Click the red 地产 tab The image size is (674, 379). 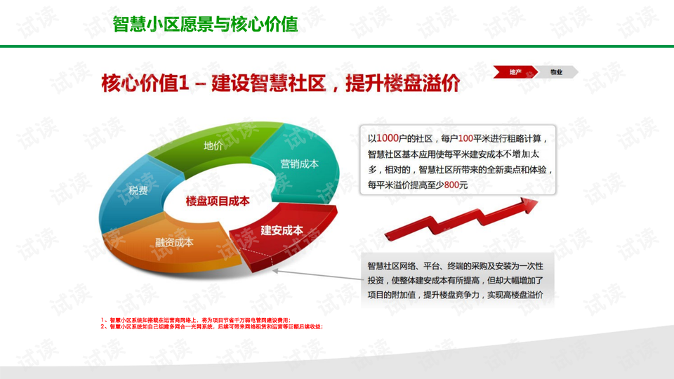coord(515,72)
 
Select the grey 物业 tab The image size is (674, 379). coord(556,72)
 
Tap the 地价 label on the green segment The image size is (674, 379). coord(213,146)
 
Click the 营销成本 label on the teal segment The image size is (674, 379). coord(299,164)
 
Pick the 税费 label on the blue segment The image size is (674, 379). coord(138,190)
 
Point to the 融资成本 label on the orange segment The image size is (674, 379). coord(174,242)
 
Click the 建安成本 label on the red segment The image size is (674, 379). coord(282,230)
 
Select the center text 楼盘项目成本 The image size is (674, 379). coord(218,201)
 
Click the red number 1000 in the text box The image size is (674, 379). coord(388,137)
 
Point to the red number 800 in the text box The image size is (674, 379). coord(456,185)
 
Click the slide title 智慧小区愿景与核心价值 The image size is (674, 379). coord(205,25)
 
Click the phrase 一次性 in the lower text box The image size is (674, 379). coord(529,265)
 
